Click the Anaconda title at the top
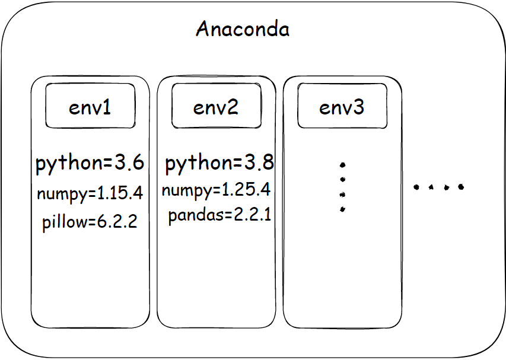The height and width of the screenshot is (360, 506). [243, 29]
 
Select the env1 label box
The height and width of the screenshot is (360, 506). [90, 107]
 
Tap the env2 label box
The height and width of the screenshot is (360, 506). [216, 107]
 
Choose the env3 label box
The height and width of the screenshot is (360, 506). [342, 107]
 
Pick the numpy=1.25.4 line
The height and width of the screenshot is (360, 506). [216, 190]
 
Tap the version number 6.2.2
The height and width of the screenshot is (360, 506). [118, 222]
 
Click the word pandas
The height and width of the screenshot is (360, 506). [191, 215]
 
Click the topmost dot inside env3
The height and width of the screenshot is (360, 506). [342, 165]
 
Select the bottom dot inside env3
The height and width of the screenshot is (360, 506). [342, 209]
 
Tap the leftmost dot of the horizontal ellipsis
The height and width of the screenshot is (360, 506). [416, 187]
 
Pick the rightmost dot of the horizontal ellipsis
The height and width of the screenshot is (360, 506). [461, 187]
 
